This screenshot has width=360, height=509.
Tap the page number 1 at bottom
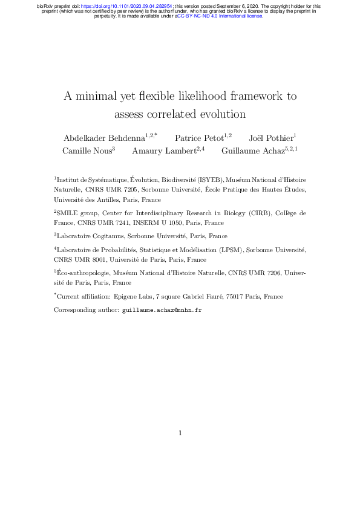point(180,433)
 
